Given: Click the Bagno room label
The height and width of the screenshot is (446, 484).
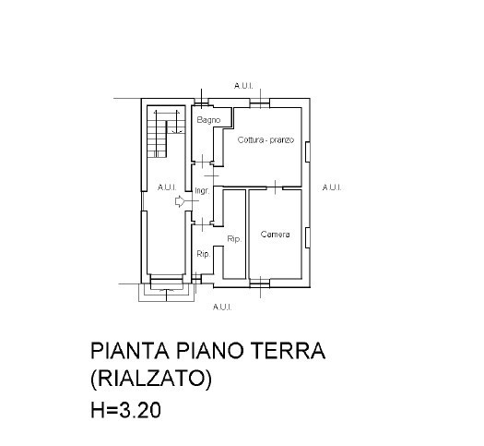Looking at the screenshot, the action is pos(208,120).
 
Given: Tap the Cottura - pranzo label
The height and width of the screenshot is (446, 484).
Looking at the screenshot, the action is pos(266,139).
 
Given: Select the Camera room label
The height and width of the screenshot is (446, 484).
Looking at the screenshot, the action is pos(275,235).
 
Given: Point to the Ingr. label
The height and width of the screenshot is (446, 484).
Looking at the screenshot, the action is pos(202,191).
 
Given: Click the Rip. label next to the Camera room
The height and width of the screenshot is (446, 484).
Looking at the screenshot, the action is pos(234,239).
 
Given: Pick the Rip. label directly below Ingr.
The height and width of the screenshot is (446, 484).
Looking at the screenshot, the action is pos(204,254).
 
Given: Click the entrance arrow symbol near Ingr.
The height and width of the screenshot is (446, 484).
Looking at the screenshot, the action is pos(180,201).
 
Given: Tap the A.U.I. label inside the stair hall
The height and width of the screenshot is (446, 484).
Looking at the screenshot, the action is pos(167,187).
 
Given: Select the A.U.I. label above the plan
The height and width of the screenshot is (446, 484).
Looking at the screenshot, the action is pos(243,86).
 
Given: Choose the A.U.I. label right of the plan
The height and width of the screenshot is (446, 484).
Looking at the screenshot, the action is pos(332,187).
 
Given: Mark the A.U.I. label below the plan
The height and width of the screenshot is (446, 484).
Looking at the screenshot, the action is pos(222,307).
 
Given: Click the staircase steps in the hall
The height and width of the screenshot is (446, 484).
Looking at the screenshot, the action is pos(157,139).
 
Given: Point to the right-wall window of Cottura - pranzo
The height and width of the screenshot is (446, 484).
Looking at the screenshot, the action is pos(307,151).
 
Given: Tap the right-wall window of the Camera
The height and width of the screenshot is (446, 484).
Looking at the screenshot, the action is pos(307,237).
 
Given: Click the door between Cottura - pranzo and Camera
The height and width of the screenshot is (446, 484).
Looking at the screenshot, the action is pos(275,187).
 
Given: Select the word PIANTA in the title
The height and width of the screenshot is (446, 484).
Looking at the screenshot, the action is pos(130,351).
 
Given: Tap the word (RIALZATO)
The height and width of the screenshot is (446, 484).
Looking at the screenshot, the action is pos(151,379).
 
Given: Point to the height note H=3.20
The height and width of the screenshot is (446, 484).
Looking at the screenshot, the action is pos(125,410).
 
